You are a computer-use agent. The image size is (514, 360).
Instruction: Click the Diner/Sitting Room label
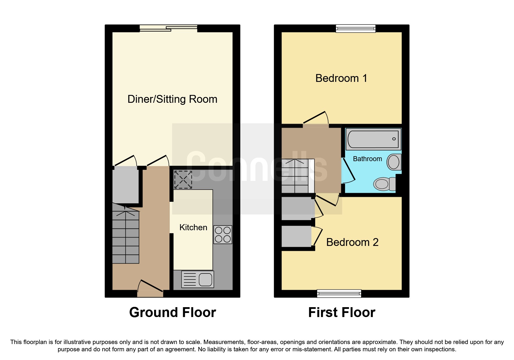(x=172, y=99)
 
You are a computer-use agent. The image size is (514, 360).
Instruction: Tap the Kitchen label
(x=193, y=227)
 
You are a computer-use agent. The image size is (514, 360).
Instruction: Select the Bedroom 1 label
(x=341, y=78)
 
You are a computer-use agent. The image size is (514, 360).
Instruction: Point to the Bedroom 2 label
(x=352, y=242)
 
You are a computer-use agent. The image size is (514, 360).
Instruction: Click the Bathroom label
(x=367, y=159)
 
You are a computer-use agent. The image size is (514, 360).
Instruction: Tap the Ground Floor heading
(x=173, y=312)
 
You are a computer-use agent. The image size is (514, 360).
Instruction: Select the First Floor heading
(x=342, y=312)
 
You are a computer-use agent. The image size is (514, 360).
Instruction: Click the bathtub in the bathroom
(x=373, y=139)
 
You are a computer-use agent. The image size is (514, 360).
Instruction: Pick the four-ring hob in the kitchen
(x=223, y=235)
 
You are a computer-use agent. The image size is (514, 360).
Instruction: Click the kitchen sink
(x=198, y=279)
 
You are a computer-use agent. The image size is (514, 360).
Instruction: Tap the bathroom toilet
(x=384, y=184)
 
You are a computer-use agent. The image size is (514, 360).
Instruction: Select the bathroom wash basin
(x=394, y=162)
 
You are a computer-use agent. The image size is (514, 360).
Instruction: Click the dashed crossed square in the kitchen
(x=183, y=180)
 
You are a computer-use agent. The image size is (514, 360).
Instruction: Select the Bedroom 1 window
(x=356, y=28)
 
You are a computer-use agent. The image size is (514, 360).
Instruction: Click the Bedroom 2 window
(x=339, y=294)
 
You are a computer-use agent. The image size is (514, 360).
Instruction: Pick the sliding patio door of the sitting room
(x=168, y=28)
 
